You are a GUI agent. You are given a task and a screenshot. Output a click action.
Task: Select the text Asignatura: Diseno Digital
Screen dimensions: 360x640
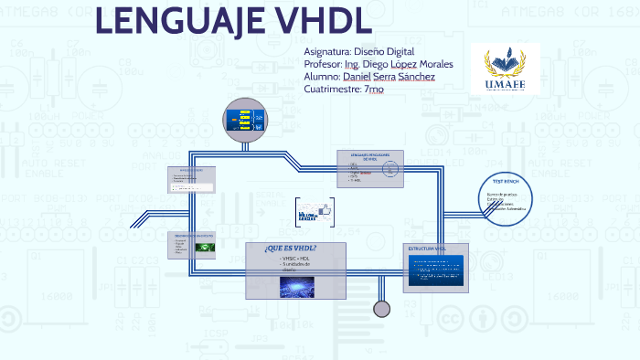click(358, 52)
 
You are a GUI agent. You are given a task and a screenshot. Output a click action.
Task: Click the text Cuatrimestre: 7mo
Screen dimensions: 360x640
click(344, 89)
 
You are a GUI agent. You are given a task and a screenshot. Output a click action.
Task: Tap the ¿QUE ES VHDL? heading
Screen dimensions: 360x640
click(290, 249)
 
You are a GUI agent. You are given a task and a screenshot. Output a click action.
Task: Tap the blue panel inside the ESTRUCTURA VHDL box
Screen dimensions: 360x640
click(436, 270)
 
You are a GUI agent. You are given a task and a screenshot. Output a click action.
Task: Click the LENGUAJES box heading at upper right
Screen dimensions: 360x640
click(370, 156)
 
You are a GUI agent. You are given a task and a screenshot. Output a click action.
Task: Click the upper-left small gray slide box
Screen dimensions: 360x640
click(191, 180)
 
